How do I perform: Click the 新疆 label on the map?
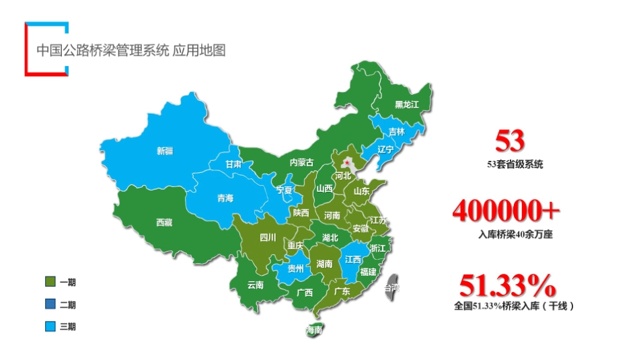[165, 151]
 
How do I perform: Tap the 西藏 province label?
[163, 222]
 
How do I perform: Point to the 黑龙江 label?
[406, 105]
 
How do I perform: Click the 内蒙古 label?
[301, 162]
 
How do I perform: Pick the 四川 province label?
[268, 237]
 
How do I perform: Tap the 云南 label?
[255, 285]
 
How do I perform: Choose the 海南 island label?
[313, 330]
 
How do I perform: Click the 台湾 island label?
[391, 288]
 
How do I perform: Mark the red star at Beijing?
[347, 162]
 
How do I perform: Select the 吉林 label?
[398, 132]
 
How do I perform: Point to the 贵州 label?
[295, 268]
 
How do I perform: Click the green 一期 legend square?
[50, 282]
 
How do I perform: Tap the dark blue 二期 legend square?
[50, 304]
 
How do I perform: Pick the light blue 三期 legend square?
[50, 326]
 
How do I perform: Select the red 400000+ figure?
[506, 211]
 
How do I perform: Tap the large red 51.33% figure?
[507, 286]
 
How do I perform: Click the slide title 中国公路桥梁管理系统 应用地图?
[130, 50]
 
